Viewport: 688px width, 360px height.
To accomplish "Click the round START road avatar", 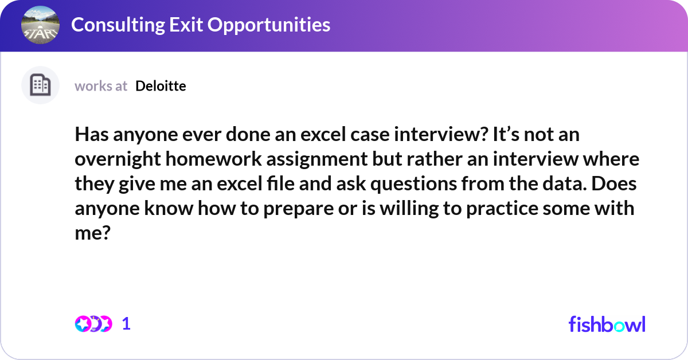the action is tap(40, 25).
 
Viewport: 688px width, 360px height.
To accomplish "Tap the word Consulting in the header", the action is tap(118, 25).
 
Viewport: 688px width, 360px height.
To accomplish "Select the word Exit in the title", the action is tap(186, 25).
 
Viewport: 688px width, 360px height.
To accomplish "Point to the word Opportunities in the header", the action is tap(269, 25).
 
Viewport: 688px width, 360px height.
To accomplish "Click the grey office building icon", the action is tap(40, 85).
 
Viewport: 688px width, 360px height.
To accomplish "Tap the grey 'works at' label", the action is tap(101, 86).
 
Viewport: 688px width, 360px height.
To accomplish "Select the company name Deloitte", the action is tap(161, 86).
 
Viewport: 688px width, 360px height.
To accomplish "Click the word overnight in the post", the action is tap(118, 160).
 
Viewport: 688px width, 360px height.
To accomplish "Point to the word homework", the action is tap(213, 159).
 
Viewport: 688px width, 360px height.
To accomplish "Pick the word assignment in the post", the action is tap(317, 160).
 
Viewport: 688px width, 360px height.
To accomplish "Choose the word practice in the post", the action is tap(502, 209).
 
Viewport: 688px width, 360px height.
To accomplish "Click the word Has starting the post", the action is tap(92, 134).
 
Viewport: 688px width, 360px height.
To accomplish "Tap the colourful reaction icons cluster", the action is tap(93, 324).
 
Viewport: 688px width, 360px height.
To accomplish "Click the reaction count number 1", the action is tap(126, 324).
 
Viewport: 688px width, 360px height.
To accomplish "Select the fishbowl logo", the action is tap(607, 324).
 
